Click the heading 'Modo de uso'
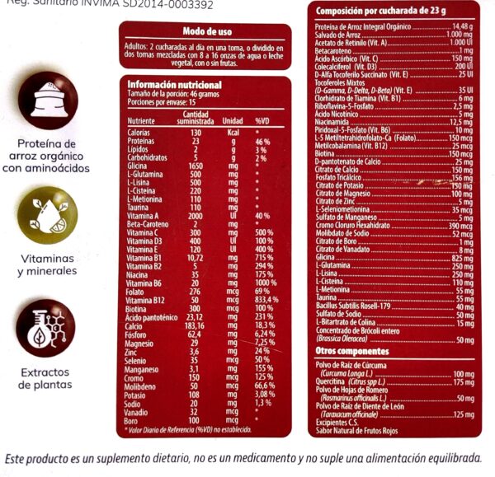tap(205, 31)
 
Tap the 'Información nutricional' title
tap(174, 85)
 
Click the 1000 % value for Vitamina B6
tap(265, 283)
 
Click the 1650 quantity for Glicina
tap(196, 167)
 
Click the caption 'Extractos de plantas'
tap(47, 377)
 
